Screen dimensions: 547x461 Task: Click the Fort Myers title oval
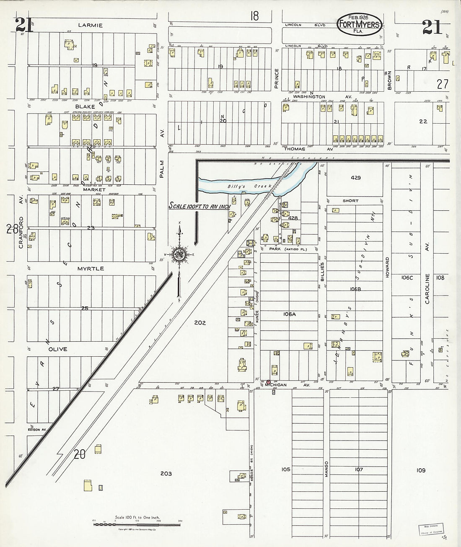pyautogui.click(x=359, y=25)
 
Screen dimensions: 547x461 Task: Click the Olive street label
pyautogui.click(x=57, y=349)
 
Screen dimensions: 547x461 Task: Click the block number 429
pyautogui.click(x=355, y=178)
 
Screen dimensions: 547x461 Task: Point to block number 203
pyautogui.click(x=166, y=474)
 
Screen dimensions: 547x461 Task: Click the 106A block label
pyautogui.click(x=289, y=314)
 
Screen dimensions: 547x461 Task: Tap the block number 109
pyautogui.click(x=421, y=470)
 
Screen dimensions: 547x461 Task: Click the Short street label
pyautogui.click(x=350, y=201)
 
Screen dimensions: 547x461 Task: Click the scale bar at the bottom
pyautogui.click(x=136, y=524)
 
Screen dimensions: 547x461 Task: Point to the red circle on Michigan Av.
pyautogui.click(x=268, y=381)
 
